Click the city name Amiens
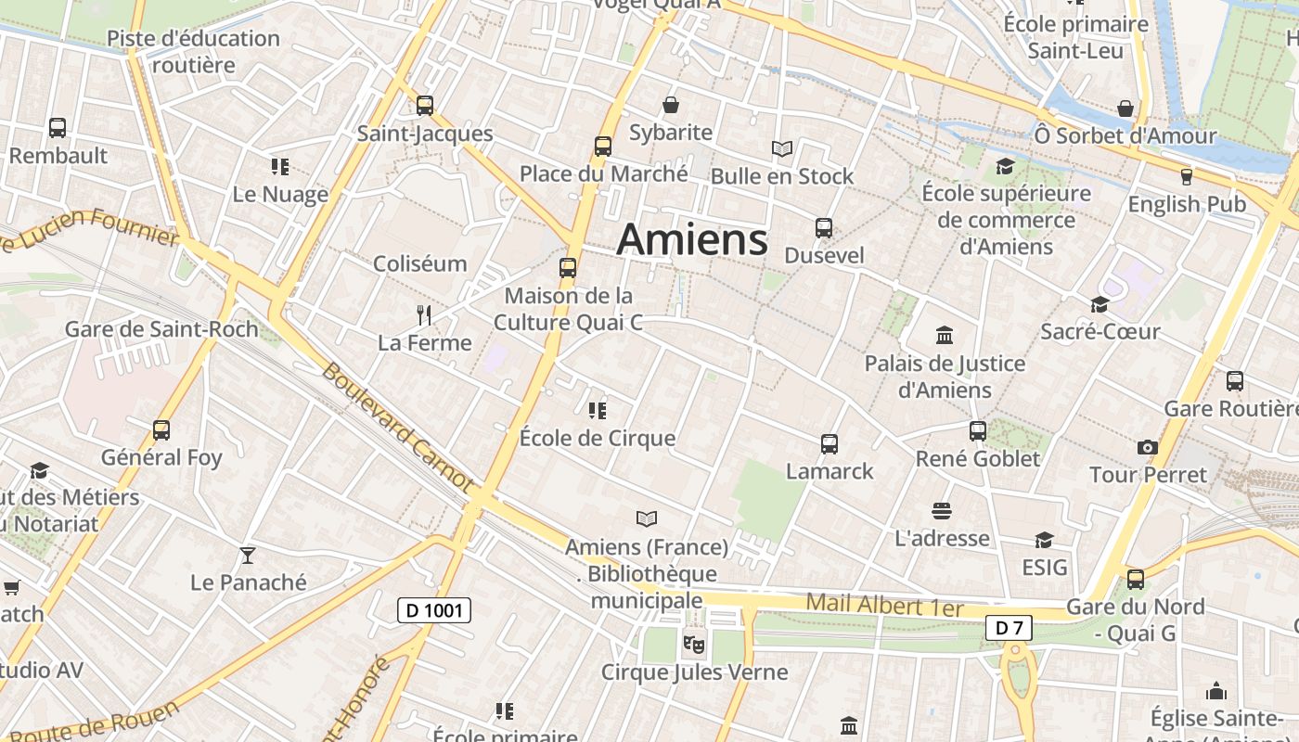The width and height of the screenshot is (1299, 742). (692, 239)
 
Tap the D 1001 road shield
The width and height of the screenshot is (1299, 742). (434, 610)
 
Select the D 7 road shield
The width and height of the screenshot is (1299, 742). (1009, 628)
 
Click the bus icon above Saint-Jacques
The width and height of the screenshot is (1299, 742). (425, 106)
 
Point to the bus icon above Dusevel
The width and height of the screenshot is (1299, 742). (823, 227)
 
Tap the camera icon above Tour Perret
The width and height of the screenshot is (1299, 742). (1148, 447)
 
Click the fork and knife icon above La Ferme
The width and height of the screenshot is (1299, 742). (424, 315)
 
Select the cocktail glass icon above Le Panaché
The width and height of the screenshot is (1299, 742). (248, 556)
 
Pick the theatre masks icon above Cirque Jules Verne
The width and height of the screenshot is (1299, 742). (693, 642)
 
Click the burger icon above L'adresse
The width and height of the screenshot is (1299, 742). (942, 511)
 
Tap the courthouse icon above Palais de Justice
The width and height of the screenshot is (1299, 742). (945, 335)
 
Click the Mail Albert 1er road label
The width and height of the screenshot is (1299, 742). (884, 606)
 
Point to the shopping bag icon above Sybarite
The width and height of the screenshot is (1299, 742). (670, 106)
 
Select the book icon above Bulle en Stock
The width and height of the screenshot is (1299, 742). (782, 148)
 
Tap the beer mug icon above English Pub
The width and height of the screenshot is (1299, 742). (1186, 176)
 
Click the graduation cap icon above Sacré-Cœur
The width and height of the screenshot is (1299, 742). (1100, 304)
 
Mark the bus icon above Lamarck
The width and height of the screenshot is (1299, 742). (830, 444)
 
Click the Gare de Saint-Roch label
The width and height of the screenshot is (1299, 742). (161, 328)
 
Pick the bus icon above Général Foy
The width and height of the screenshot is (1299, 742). (161, 430)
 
